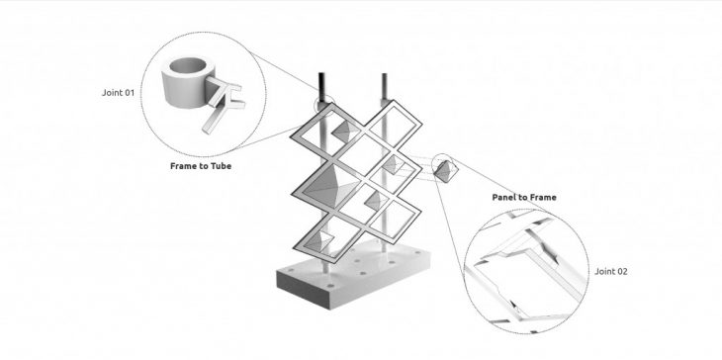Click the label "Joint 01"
click(x=118, y=93)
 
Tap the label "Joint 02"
click(x=610, y=271)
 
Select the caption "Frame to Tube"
click(x=201, y=166)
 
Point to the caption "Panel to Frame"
click(x=524, y=197)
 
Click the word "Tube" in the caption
click(x=222, y=166)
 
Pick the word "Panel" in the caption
click(x=504, y=197)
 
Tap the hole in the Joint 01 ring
click(x=187, y=66)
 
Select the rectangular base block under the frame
click(x=353, y=275)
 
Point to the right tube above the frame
click(x=384, y=87)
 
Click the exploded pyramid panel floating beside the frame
click(x=446, y=171)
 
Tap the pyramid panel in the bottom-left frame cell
click(x=319, y=240)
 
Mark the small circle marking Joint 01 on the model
click(x=324, y=104)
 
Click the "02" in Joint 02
click(x=621, y=271)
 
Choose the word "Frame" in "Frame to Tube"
click(x=184, y=166)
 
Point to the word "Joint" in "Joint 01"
click(x=111, y=93)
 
